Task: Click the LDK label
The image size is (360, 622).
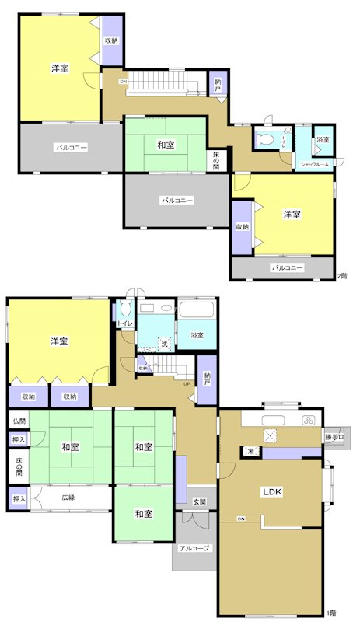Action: coord(271,492)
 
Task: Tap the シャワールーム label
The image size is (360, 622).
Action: coord(315,165)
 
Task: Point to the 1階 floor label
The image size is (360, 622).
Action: coord(332,612)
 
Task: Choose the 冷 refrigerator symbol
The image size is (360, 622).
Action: coord(253,451)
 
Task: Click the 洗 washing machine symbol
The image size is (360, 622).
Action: coord(164,343)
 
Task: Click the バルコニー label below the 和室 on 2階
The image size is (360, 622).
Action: coord(177,200)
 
